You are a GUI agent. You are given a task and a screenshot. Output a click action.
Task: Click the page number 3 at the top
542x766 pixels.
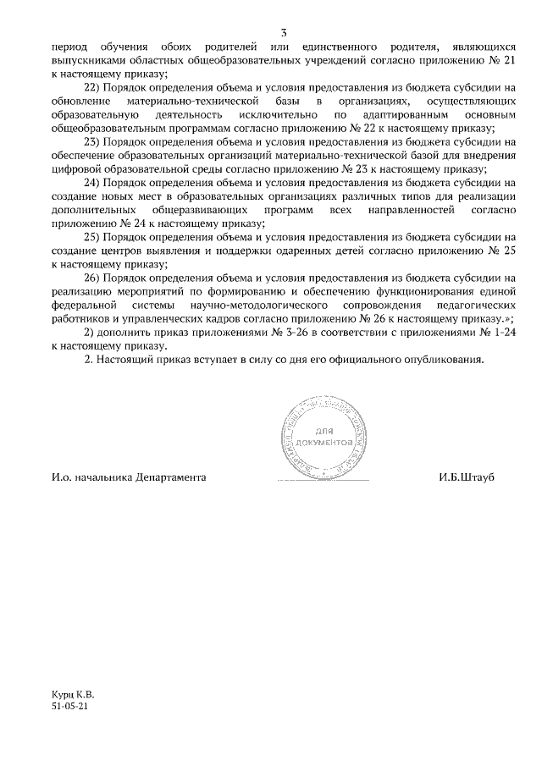point(283,33)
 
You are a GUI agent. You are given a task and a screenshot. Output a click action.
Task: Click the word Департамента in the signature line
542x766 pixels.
point(167,477)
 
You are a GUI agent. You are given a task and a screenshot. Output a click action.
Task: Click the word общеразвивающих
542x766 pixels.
point(201,209)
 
